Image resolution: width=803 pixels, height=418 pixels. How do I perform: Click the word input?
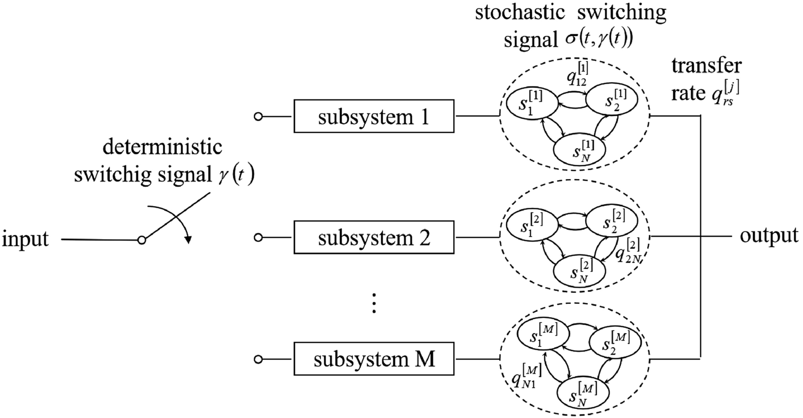pyautogui.click(x=26, y=239)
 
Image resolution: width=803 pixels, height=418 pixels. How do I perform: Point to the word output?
pyautogui.click(x=769, y=235)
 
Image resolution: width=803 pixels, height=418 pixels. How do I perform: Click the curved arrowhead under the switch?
pyautogui.click(x=187, y=240)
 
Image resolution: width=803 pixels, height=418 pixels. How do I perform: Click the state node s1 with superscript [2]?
pyautogui.click(x=529, y=224)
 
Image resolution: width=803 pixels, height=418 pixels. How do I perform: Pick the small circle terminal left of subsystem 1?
pyautogui.click(x=257, y=117)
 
